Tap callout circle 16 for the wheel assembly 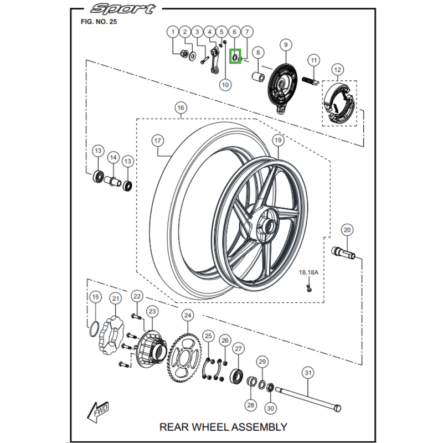[180, 107]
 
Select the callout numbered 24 [188, 316]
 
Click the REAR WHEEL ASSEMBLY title [223, 426]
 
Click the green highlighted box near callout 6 [235, 55]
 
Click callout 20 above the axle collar [347, 230]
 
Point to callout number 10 [225, 84]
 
